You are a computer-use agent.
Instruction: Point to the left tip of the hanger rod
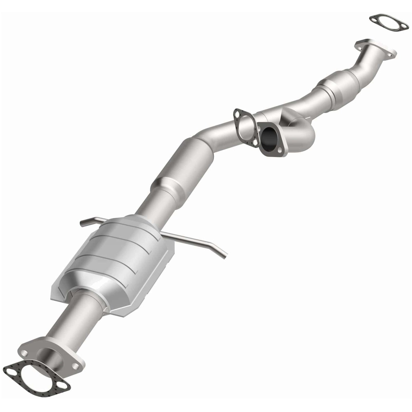tap(82, 222)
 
